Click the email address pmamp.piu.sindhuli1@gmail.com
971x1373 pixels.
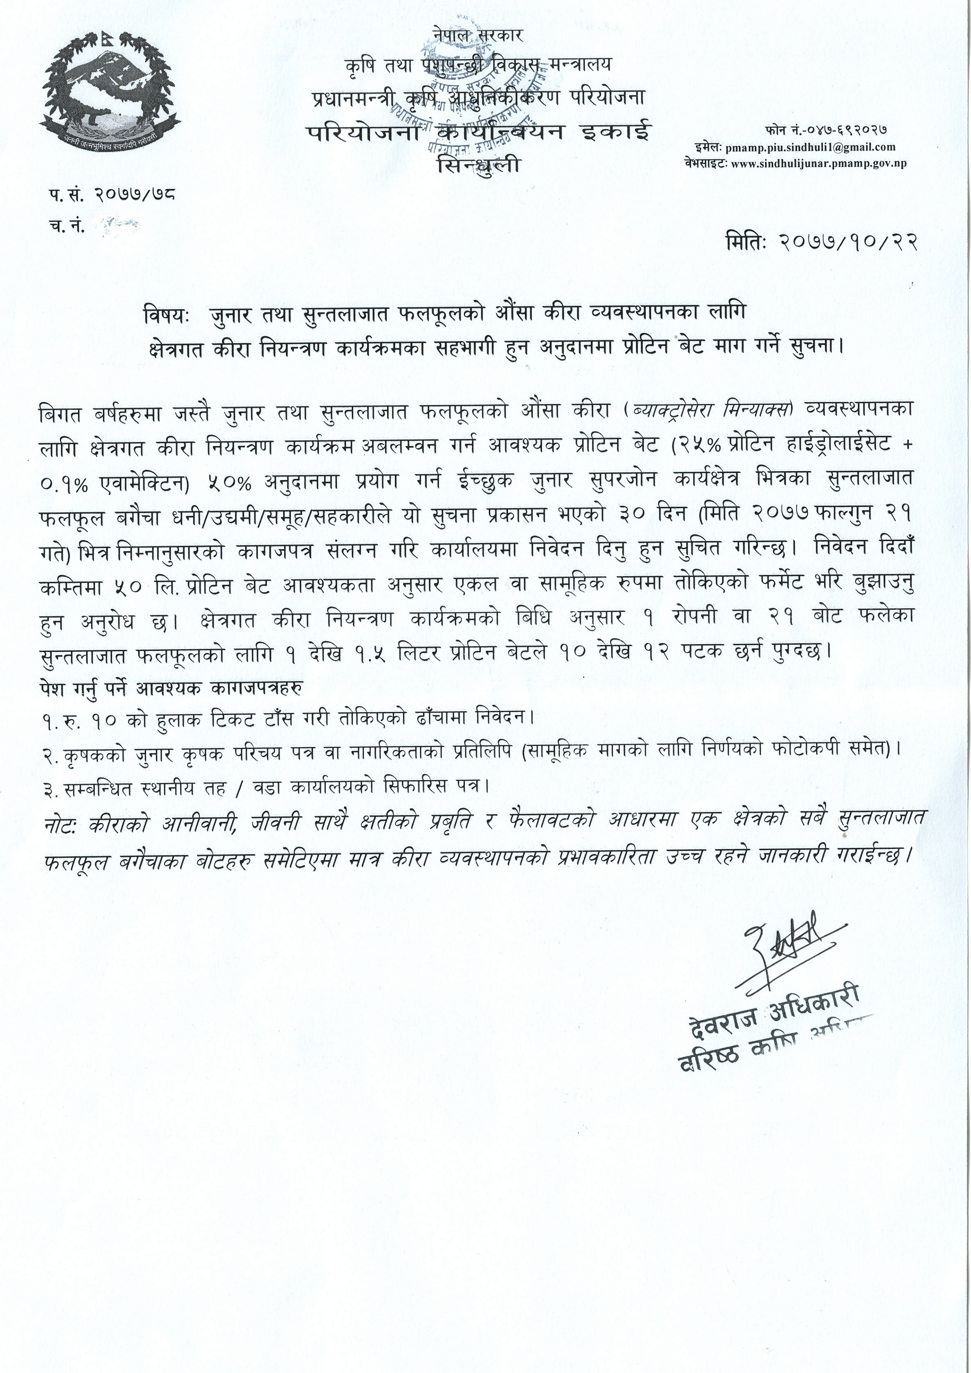809,146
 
